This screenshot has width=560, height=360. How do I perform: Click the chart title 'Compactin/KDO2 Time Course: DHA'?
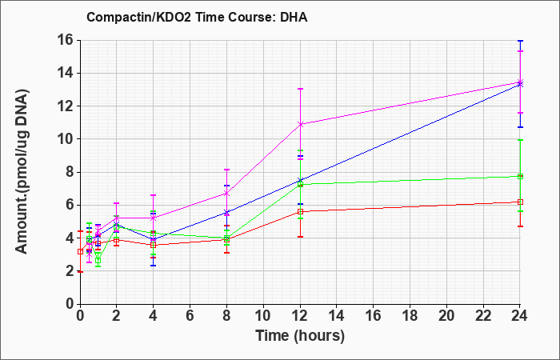point(197,17)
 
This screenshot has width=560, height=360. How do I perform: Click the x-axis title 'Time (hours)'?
point(300,336)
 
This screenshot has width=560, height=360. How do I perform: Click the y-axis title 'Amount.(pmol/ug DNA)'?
point(22,171)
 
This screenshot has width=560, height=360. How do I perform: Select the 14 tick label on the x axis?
point(337,316)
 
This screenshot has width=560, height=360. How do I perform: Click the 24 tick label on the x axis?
point(519,316)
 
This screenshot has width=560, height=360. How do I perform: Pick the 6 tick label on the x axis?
point(190,316)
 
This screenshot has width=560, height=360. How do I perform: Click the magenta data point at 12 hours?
point(300,124)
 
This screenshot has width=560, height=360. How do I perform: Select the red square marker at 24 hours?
point(520,202)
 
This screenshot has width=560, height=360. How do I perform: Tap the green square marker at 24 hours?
point(520,176)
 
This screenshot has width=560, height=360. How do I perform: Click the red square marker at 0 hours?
point(80,251)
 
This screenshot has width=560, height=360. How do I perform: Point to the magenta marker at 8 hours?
point(226,194)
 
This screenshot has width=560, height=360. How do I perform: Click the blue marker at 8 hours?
point(226,213)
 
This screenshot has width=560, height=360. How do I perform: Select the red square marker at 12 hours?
point(300,211)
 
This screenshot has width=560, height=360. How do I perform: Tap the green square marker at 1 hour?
point(98,260)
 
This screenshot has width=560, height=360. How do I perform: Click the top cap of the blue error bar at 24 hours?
point(520,41)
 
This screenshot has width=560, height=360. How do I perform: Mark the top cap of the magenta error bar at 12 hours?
point(300,89)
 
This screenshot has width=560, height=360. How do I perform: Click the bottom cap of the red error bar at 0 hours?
point(80,272)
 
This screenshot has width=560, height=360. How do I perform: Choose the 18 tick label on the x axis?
point(410,316)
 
